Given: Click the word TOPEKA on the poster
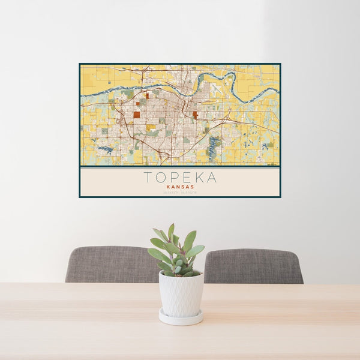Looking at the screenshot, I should [180, 178].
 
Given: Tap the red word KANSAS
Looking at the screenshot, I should [180, 187].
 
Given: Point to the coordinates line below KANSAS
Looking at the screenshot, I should [180, 192].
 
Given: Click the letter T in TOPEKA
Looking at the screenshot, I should [148, 178].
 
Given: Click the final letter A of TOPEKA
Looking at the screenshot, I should [212, 178].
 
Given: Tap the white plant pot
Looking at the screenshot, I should [181, 293].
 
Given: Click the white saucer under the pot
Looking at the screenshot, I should [181, 317].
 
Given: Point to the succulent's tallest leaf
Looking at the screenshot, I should [171, 232].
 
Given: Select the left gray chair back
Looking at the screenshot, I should [108, 264].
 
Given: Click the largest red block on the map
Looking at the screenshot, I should [137, 115].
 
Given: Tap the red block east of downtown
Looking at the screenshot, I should [195, 114].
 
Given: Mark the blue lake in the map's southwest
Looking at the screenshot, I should [104, 149].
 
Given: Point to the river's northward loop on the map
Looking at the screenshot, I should [229, 76].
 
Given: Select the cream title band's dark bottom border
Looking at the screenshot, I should [180, 197].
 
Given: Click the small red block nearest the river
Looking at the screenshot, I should [146, 95].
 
